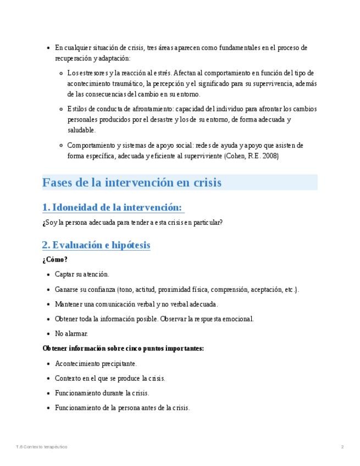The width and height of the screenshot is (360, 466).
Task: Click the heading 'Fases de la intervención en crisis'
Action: coord(132,182)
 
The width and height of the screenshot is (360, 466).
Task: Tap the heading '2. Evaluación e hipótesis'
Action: coord(96,245)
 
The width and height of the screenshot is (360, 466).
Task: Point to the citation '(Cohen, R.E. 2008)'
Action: coord(251,156)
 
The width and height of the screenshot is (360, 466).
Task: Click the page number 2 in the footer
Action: coord(342,447)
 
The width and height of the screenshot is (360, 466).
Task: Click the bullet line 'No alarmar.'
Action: coord(71,334)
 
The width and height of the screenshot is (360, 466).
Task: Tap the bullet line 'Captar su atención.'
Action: coord(82,274)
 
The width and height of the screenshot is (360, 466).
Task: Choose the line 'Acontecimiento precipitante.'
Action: coord(96,364)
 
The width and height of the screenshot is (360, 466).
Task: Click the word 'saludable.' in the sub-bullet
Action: coord(81,130)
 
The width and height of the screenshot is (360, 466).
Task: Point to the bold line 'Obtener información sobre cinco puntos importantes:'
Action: coord(123,348)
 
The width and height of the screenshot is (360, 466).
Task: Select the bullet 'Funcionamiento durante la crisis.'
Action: coord(102,393)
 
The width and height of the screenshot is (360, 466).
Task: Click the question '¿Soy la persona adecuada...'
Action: coord(132,223)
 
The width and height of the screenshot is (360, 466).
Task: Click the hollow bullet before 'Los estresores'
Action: coord(61,73)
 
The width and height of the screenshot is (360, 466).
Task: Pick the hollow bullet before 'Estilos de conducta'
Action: coord(61,109)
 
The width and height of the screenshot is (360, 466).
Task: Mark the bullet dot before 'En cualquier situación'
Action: coord(49,48)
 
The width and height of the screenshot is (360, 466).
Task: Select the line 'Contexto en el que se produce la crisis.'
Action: coord(110,379)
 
